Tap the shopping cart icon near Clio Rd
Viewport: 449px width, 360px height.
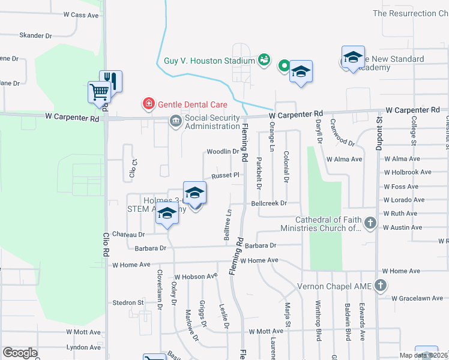99,92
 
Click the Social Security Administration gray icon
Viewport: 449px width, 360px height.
175,122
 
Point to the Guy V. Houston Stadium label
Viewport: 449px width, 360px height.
209,61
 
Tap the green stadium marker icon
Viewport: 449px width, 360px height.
264,59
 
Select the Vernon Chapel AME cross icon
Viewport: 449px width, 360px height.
381,286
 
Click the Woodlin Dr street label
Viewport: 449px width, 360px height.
223,152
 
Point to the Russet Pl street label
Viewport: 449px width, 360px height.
224,175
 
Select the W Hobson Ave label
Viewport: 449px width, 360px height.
195,276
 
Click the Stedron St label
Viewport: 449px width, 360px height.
128,303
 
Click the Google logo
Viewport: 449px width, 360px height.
20,353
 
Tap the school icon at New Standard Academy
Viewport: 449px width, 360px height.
353,57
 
